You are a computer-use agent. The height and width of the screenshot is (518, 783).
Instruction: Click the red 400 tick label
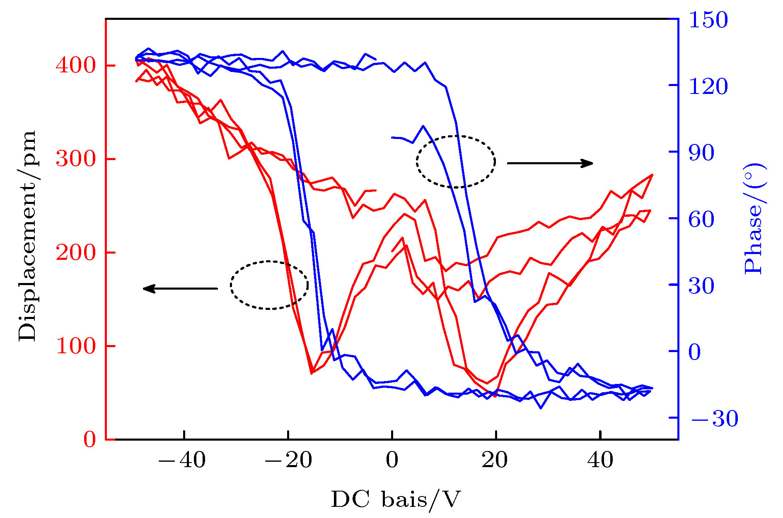pos(76,65)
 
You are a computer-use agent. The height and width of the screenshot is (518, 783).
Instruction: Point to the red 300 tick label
pos(76,159)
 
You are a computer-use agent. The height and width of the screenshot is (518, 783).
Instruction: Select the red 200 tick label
pos(76,252)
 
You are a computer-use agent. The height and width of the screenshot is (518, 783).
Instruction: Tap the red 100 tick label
pos(76,346)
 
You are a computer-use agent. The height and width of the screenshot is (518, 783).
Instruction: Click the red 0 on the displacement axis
pos(89,439)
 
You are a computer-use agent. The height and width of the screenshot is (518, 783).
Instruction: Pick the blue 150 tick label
pos(708,20)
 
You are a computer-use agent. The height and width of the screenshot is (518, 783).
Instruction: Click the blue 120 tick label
pos(708,86)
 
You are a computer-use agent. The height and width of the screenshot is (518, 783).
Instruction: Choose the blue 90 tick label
pos(701,153)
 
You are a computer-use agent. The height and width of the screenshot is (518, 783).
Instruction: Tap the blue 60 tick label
pos(701,219)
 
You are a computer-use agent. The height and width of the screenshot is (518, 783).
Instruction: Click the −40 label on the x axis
pos(182,460)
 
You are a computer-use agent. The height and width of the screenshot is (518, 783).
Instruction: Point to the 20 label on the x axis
pos(495,460)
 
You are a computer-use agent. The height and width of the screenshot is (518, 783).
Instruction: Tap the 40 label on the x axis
pos(600,460)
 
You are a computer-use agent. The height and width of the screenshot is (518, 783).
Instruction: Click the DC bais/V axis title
pos(396,499)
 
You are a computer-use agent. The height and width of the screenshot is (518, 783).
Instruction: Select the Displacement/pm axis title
pos(27,236)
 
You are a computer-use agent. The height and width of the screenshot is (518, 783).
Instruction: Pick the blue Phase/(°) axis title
pos(754,218)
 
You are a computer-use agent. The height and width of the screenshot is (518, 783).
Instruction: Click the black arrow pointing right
pos(550,163)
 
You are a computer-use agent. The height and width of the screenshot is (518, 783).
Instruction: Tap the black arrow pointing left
pos(180,288)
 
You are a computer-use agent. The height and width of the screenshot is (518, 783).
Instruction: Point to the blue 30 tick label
pos(701,286)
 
